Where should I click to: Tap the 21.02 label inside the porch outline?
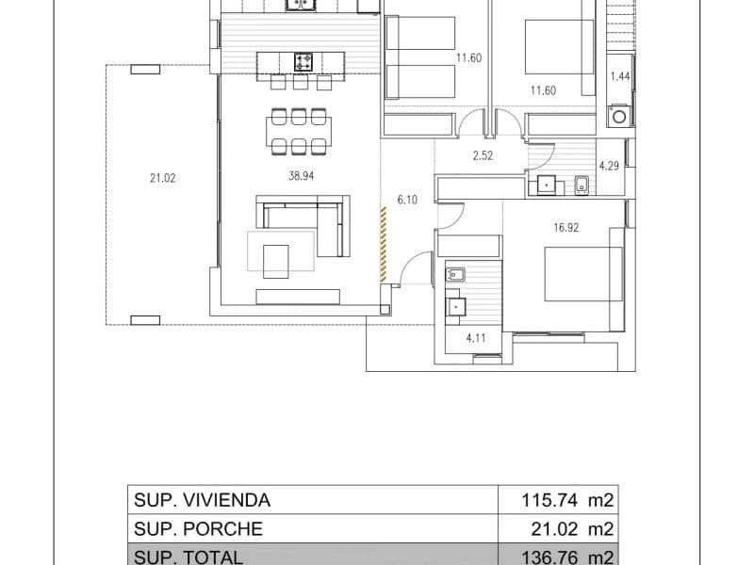coord(159,174)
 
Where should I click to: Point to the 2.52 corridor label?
coord(483,156)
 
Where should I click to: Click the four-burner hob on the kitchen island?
coord(303,62)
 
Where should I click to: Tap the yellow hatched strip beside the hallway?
coord(383,244)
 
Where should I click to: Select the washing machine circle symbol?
coord(620,118)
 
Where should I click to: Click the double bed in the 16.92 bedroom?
coord(582,274)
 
